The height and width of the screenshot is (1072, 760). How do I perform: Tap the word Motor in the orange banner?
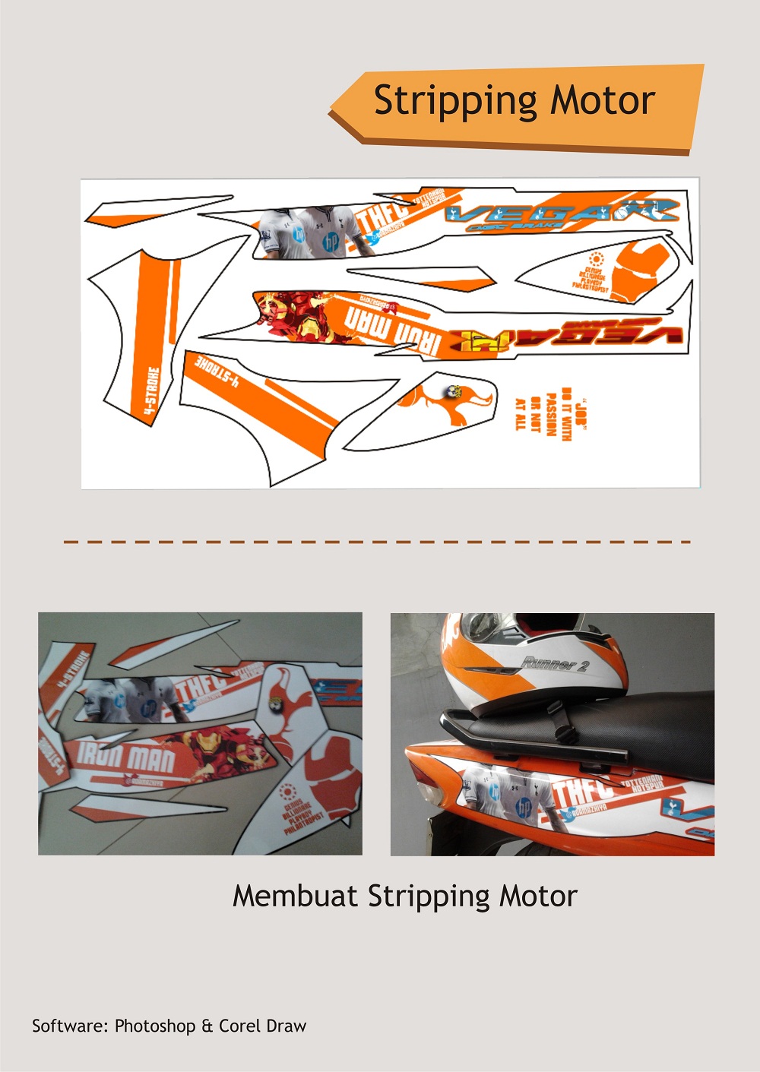pyautogui.click(x=603, y=101)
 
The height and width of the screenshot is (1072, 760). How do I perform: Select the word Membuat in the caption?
pyautogui.click(x=295, y=896)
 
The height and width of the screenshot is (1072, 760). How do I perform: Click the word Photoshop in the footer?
pyautogui.click(x=155, y=1026)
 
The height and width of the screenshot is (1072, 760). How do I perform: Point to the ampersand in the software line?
pyautogui.click(x=207, y=1026)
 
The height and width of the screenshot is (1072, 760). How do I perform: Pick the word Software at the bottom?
pyautogui.click(x=70, y=1026)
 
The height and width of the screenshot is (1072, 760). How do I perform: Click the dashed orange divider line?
pyautogui.click(x=377, y=542)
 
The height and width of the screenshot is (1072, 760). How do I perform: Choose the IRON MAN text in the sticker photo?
pyautogui.click(x=126, y=757)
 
